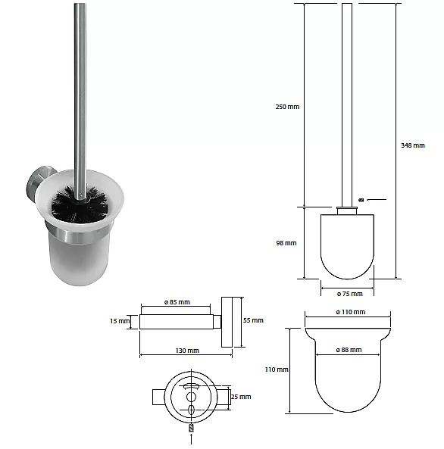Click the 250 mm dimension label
pos(287,107)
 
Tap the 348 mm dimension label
pos(413,145)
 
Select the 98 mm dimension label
pos(286,243)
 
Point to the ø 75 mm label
pos(350,294)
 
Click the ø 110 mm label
pos(351,312)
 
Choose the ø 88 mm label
pos(349,350)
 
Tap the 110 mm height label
pos(277,369)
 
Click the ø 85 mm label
pos(177,302)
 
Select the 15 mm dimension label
pos(120,321)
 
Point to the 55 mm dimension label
pos(253,320)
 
